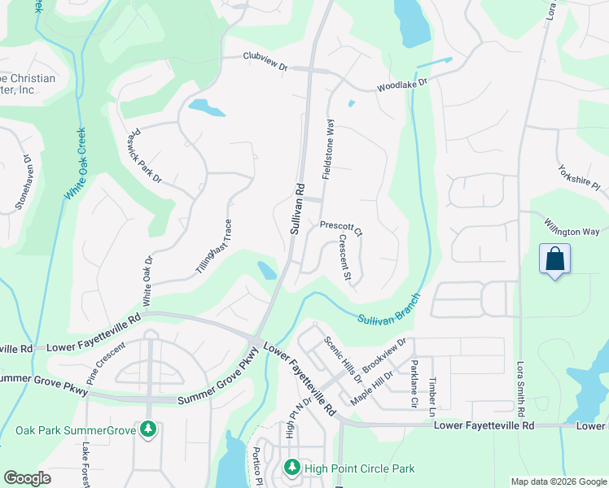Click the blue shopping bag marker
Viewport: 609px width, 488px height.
(554, 259)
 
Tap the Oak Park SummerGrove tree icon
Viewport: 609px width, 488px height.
(147, 428)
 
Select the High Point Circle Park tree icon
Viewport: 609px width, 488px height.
(292, 468)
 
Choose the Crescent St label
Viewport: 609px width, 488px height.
(345, 258)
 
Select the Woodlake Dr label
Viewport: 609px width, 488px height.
(401, 84)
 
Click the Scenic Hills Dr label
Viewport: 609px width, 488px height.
(343, 359)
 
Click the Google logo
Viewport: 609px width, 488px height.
(27, 477)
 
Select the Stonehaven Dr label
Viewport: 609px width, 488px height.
(22, 185)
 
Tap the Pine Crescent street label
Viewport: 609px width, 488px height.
(106, 364)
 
